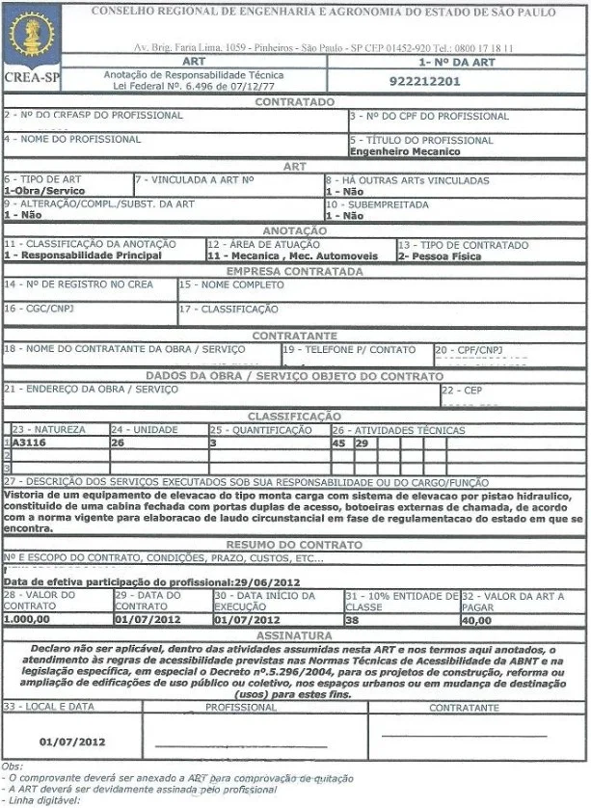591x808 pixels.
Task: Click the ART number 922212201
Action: (424, 81)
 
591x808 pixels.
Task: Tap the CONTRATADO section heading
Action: (294, 102)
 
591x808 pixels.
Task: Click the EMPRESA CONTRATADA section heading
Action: (294, 272)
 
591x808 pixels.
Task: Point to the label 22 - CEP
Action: (462, 390)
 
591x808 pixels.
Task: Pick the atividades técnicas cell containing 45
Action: (338, 443)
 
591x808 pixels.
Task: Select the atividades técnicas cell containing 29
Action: (361, 443)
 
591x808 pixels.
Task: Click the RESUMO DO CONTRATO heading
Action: (294, 545)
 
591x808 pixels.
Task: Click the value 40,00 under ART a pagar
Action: (476, 619)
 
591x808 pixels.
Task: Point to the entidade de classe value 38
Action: (354, 619)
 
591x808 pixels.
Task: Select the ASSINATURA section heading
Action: (294, 635)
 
